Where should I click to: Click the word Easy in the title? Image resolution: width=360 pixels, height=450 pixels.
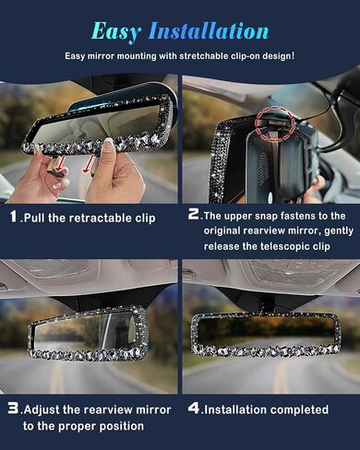(116, 32)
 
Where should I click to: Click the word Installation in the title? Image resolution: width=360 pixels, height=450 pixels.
(209, 30)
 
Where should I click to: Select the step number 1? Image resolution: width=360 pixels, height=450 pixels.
(13, 217)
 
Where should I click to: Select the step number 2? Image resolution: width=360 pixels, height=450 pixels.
(194, 214)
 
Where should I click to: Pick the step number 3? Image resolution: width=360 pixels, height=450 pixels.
(13, 409)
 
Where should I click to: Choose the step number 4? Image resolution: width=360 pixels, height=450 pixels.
(194, 409)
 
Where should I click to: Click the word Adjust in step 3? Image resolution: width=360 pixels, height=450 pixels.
(42, 410)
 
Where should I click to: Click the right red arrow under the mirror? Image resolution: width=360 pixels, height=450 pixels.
(89, 163)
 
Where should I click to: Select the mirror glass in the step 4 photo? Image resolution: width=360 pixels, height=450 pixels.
(265, 331)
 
